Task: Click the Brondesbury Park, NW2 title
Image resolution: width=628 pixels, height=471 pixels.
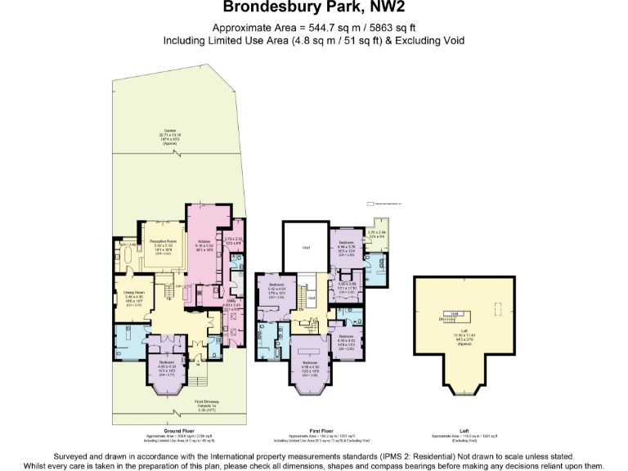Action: pyautogui.click(x=314, y=9)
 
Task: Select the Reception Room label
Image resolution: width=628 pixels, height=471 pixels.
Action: pyautogui.click(x=163, y=243)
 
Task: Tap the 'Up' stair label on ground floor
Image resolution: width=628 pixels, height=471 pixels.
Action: pyautogui.click(x=168, y=298)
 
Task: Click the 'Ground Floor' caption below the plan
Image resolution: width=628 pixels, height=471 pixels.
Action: pyautogui.click(x=178, y=430)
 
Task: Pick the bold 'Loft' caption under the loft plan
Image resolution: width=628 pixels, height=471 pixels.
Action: pyautogui.click(x=464, y=430)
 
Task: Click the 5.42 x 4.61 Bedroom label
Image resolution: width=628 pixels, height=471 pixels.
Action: pyautogui.click(x=276, y=288)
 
